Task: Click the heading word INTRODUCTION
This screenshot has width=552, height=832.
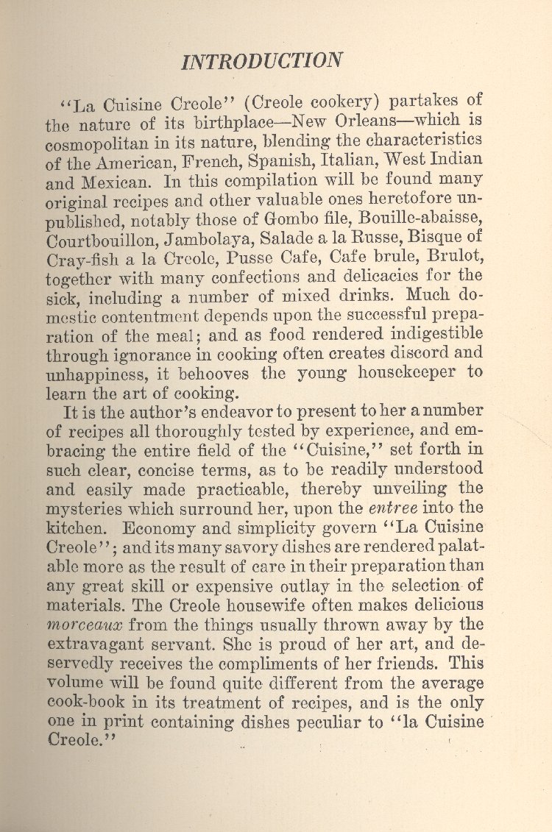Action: (x=261, y=60)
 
